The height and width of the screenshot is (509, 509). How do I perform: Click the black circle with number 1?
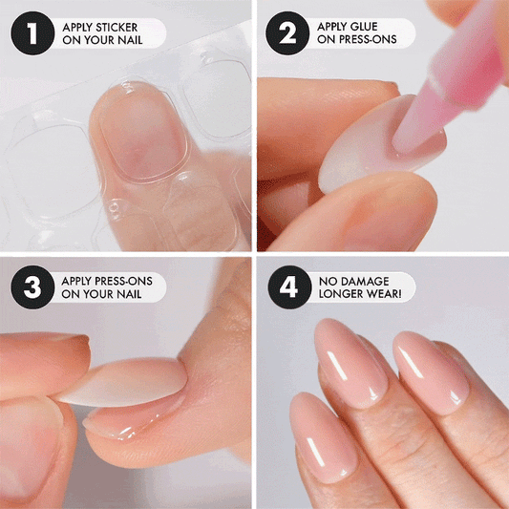pos(32,33)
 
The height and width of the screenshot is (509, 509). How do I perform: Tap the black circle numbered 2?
pos(287,33)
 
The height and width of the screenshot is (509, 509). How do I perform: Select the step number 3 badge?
pos(32,286)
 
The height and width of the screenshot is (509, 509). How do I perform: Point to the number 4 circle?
pos(289,286)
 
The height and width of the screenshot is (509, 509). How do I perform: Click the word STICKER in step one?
pos(117,28)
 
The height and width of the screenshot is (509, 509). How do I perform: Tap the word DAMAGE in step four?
pos(365,281)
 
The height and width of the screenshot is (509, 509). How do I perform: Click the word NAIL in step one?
pos(130,40)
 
